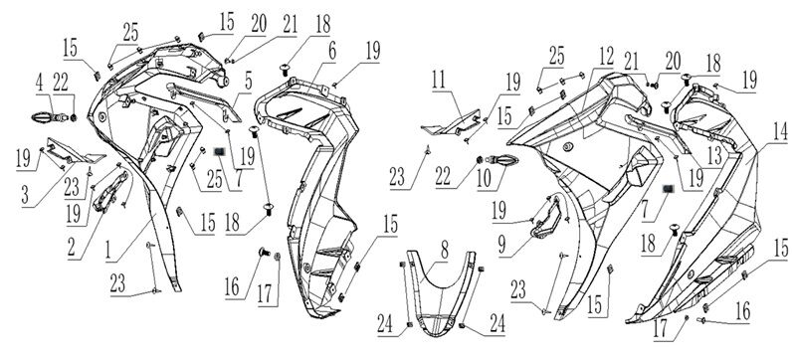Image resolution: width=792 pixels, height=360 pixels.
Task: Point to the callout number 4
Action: [40, 85]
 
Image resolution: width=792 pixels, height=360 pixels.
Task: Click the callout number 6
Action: [332, 52]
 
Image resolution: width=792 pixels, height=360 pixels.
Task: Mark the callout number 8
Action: [444, 252]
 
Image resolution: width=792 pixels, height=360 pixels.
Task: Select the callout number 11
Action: [439, 81]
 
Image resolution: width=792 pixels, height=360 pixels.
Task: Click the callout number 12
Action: [606, 56]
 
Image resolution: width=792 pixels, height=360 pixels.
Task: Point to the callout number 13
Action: [713, 157]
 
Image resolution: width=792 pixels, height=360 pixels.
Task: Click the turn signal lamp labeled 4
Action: [50, 118]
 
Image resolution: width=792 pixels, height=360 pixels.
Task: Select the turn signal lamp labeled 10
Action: [501, 161]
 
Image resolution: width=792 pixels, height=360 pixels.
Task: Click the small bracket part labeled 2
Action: [108, 192]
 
